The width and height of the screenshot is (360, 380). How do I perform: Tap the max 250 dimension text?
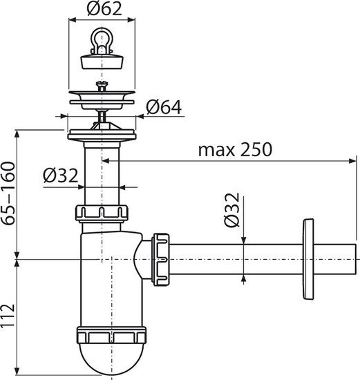(235, 149)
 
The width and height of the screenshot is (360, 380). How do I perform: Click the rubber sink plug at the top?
(102, 58)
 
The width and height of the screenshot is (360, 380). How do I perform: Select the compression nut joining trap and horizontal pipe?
(160, 258)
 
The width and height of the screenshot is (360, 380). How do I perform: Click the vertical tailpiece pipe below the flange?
(102, 173)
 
